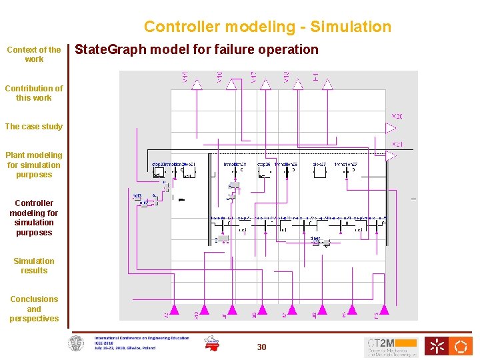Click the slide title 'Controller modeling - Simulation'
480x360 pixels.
tap(267, 27)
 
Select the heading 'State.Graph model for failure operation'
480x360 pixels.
tap(197, 49)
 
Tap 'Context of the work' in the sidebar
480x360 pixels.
tap(34, 54)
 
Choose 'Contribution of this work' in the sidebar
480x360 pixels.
tap(34, 93)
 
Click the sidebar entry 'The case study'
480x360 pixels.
tap(34, 126)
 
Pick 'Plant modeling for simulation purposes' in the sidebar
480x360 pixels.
tap(34, 165)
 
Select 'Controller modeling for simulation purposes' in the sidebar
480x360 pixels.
tap(34, 217)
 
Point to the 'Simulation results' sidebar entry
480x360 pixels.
tap(34, 265)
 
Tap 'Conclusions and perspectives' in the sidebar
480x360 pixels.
tap(34, 309)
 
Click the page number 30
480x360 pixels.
tap(262, 347)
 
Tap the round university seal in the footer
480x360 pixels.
tap(77, 343)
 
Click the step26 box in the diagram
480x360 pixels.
tap(263, 171)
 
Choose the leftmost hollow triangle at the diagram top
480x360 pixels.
tap(197, 85)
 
